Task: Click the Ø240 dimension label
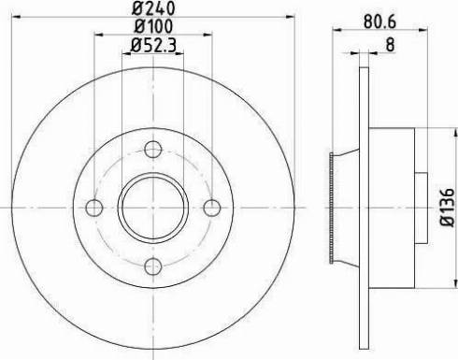(x=154, y=11)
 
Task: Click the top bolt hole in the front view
(x=153, y=148)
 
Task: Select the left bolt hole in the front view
(x=93, y=207)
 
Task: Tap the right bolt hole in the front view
(x=212, y=207)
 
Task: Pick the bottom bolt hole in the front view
(x=153, y=266)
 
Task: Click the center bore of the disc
(x=153, y=207)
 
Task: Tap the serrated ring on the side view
(x=333, y=207)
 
